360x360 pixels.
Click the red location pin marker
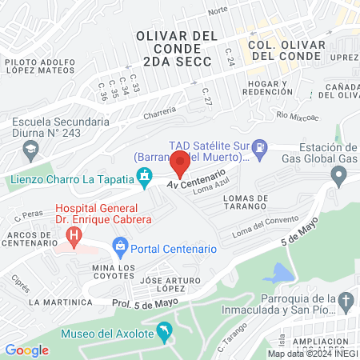180,164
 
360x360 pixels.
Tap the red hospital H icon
74,236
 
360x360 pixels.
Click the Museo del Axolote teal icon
164,330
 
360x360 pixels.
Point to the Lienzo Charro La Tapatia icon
145,176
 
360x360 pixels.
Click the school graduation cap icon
30,148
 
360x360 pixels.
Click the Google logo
26,350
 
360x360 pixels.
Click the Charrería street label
159,114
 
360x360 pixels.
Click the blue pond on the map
279,273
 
